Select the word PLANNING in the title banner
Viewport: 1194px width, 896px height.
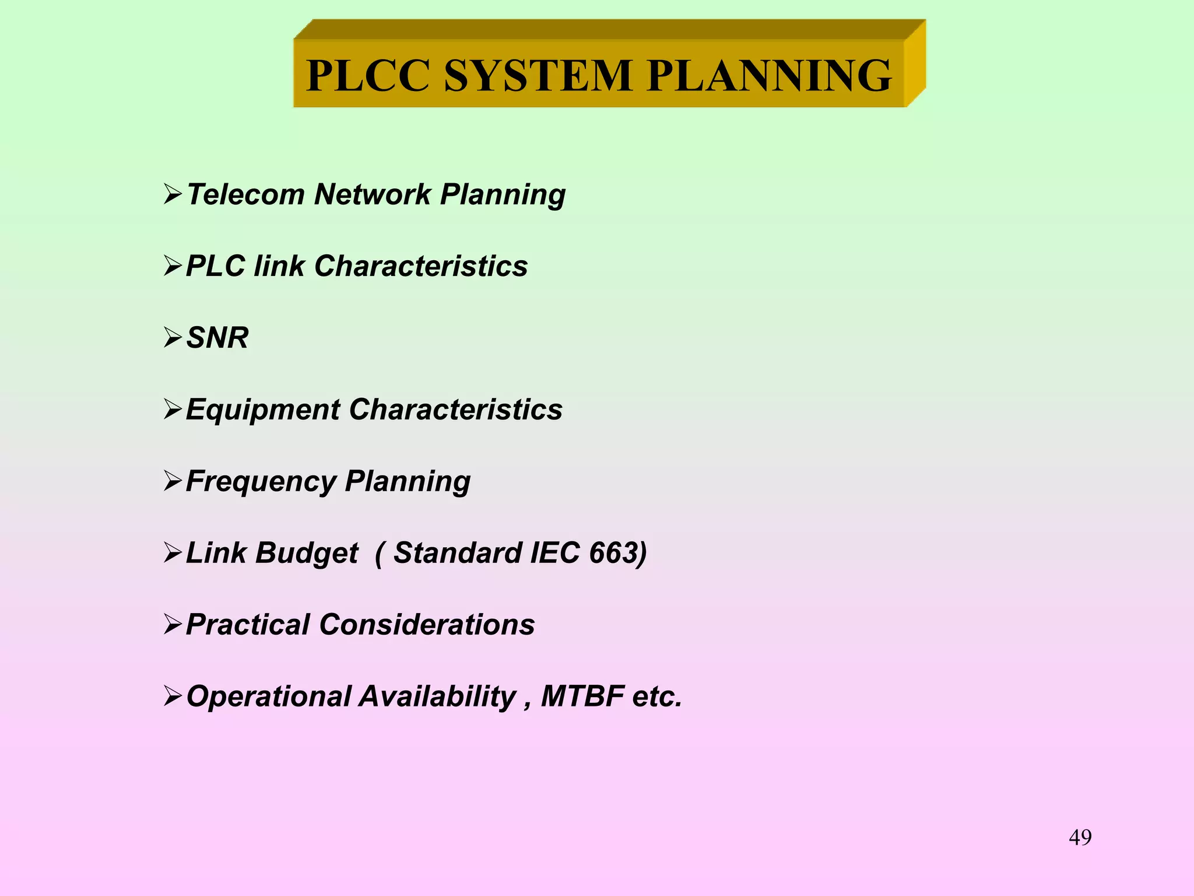[x=769, y=76]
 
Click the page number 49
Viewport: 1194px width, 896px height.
[x=1080, y=838]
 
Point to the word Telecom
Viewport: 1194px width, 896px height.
[x=245, y=194]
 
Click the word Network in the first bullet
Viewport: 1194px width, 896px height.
[x=373, y=194]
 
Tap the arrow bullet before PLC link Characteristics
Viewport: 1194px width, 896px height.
[x=173, y=266]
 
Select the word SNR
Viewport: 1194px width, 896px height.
[x=217, y=338]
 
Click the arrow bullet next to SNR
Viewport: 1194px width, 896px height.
[x=173, y=338]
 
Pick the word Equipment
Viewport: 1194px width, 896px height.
[x=263, y=409]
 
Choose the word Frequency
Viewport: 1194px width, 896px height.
[x=261, y=482]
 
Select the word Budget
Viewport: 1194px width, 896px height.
[x=307, y=554]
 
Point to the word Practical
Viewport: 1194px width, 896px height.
[x=247, y=625]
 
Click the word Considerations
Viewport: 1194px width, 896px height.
[x=427, y=625]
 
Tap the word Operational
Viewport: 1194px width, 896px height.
[x=269, y=696]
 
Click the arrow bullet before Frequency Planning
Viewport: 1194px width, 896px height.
[x=173, y=481]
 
